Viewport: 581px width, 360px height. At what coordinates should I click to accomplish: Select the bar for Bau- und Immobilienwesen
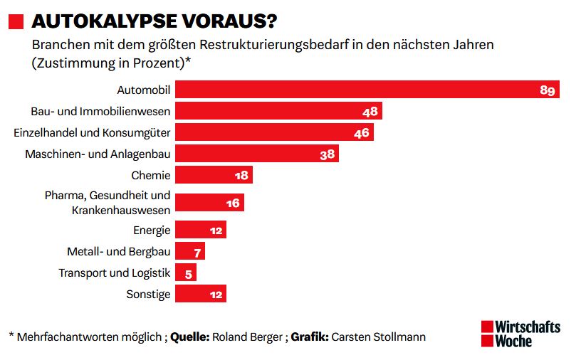coord(278,111)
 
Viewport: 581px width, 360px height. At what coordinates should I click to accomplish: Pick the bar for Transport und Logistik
coord(185,272)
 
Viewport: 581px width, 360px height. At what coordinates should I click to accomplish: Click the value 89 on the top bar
coord(548,90)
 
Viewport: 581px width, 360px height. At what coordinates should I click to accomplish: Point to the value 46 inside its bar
coord(362,133)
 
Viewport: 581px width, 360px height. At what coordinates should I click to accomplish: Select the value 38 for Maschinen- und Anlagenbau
coord(328,154)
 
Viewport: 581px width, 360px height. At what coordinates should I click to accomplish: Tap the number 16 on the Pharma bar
coord(233,203)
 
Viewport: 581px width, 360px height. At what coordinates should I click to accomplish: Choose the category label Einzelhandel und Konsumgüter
coord(92,133)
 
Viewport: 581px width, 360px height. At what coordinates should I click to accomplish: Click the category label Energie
coord(152,230)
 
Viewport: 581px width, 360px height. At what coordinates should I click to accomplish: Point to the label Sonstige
coord(148,294)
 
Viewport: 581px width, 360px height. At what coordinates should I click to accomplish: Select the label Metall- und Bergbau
coord(118,251)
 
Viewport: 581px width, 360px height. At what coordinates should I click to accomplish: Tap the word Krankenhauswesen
coord(121,210)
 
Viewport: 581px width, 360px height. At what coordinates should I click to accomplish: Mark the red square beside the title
coord(16,21)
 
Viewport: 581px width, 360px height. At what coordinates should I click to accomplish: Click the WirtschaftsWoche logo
coord(520,334)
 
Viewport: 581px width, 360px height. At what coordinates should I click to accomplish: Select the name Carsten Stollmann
coord(377,337)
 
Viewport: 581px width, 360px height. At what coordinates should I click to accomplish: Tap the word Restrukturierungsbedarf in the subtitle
coord(279,45)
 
